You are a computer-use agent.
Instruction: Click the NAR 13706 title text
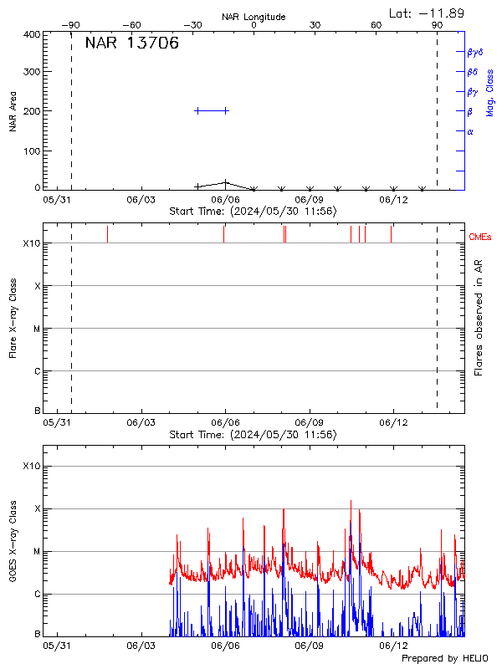pyautogui.click(x=132, y=44)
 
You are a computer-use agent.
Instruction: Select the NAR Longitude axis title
pyautogui.click(x=254, y=17)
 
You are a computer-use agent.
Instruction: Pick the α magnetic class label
pyautogui.click(x=469, y=131)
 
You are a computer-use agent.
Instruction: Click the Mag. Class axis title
pyautogui.click(x=490, y=92)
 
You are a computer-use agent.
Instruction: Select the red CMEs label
pyautogui.click(x=481, y=237)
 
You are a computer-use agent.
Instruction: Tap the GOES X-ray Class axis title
pyautogui.click(x=13, y=549)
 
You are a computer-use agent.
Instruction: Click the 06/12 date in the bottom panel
pyautogui.click(x=393, y=646)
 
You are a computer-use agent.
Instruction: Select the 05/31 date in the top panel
pyautogui.click(x=57, y=200)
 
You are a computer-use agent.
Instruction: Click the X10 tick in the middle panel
pyautogui.click(x=32, y=243)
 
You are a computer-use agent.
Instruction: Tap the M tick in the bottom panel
pyautogui.click(x=37, y=552)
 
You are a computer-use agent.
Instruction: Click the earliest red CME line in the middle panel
pyautogui.click(x=107, y=233)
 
